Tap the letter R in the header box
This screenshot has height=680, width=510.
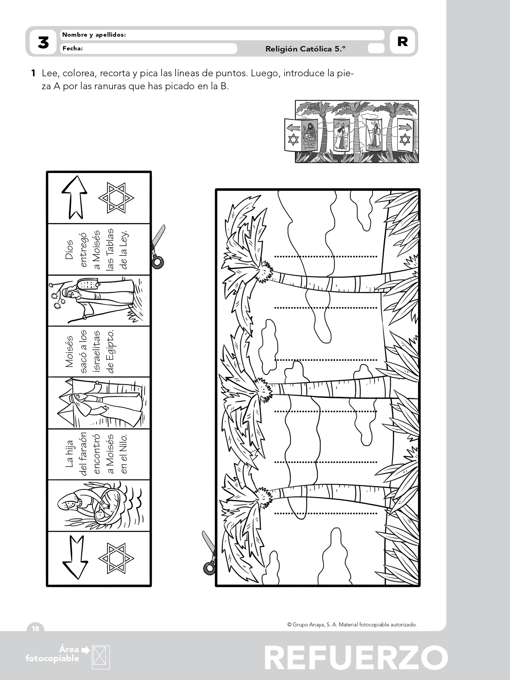pyautogui.click(x=402, y=42)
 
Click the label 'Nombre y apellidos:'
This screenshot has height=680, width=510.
pyautogui.click(x=94, y=35)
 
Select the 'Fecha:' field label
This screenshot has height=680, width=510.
pyautogui.click(x=72, y=48)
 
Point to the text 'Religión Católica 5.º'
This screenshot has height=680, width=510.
pyautogui.click(x=305, y=49)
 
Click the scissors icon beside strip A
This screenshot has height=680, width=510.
pyautogui.click(x=158, y=247)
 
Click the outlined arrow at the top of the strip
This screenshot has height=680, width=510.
pyautogui.click(x=74, y=197)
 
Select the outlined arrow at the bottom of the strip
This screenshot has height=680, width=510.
pyautogui.click(x=75, y=557)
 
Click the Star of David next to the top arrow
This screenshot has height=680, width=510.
pyautogui.click(x=116, y=198)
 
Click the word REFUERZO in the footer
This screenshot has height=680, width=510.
pyautogui.click(x=356, y=658)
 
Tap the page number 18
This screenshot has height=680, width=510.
pyautogui.click(x=36, y=629)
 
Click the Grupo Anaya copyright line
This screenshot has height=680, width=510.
pyautogui.click(x=352, y=625)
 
